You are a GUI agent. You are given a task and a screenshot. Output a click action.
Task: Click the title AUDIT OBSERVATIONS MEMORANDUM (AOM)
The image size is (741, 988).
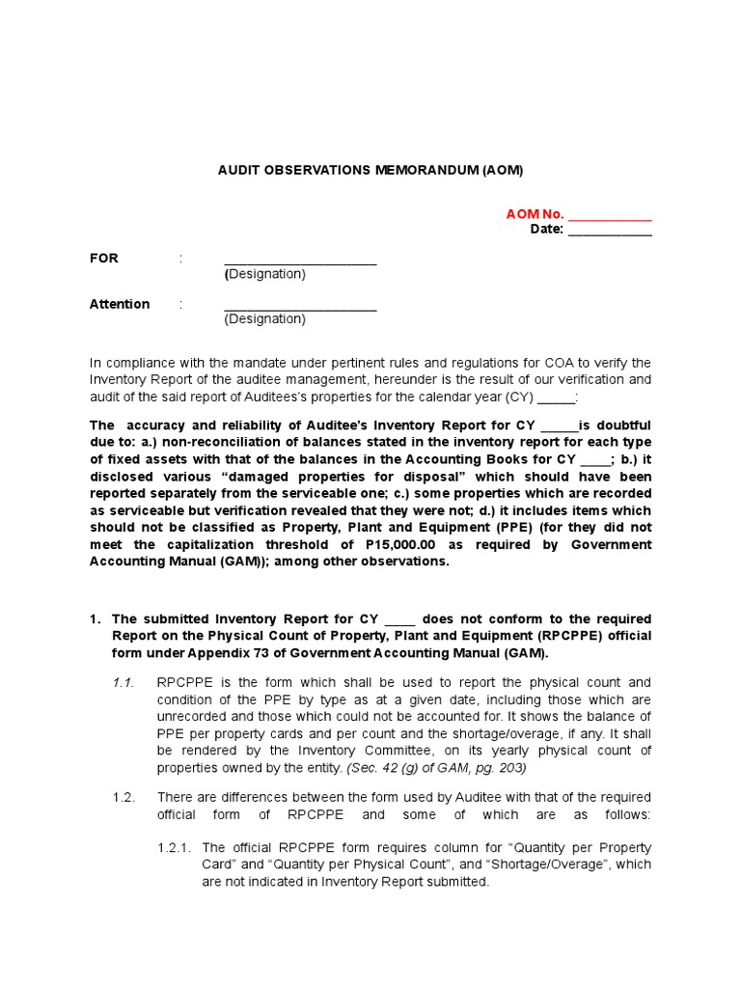pos(370,170)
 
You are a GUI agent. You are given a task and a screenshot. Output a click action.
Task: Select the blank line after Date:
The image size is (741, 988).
pos(609,230)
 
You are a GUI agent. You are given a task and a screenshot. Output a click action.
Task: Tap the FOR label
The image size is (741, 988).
pos(104,259)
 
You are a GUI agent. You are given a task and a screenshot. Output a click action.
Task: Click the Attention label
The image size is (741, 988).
pos(120,304)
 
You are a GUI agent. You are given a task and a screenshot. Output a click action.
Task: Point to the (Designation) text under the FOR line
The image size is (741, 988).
pos(264,274)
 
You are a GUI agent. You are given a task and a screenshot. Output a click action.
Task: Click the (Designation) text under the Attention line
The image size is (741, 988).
pos(264,319)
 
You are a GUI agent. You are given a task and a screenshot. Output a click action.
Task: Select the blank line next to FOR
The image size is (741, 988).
pos(300,260)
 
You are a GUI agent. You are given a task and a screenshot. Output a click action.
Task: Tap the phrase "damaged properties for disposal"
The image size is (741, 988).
pos(352,477)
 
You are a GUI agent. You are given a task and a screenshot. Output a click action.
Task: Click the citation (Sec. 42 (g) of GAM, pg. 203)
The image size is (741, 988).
pos(440,768)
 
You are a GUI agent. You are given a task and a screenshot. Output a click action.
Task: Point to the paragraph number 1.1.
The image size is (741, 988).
pos(122,682)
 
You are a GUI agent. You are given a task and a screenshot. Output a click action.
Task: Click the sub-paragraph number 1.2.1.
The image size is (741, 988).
pos(175,848)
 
